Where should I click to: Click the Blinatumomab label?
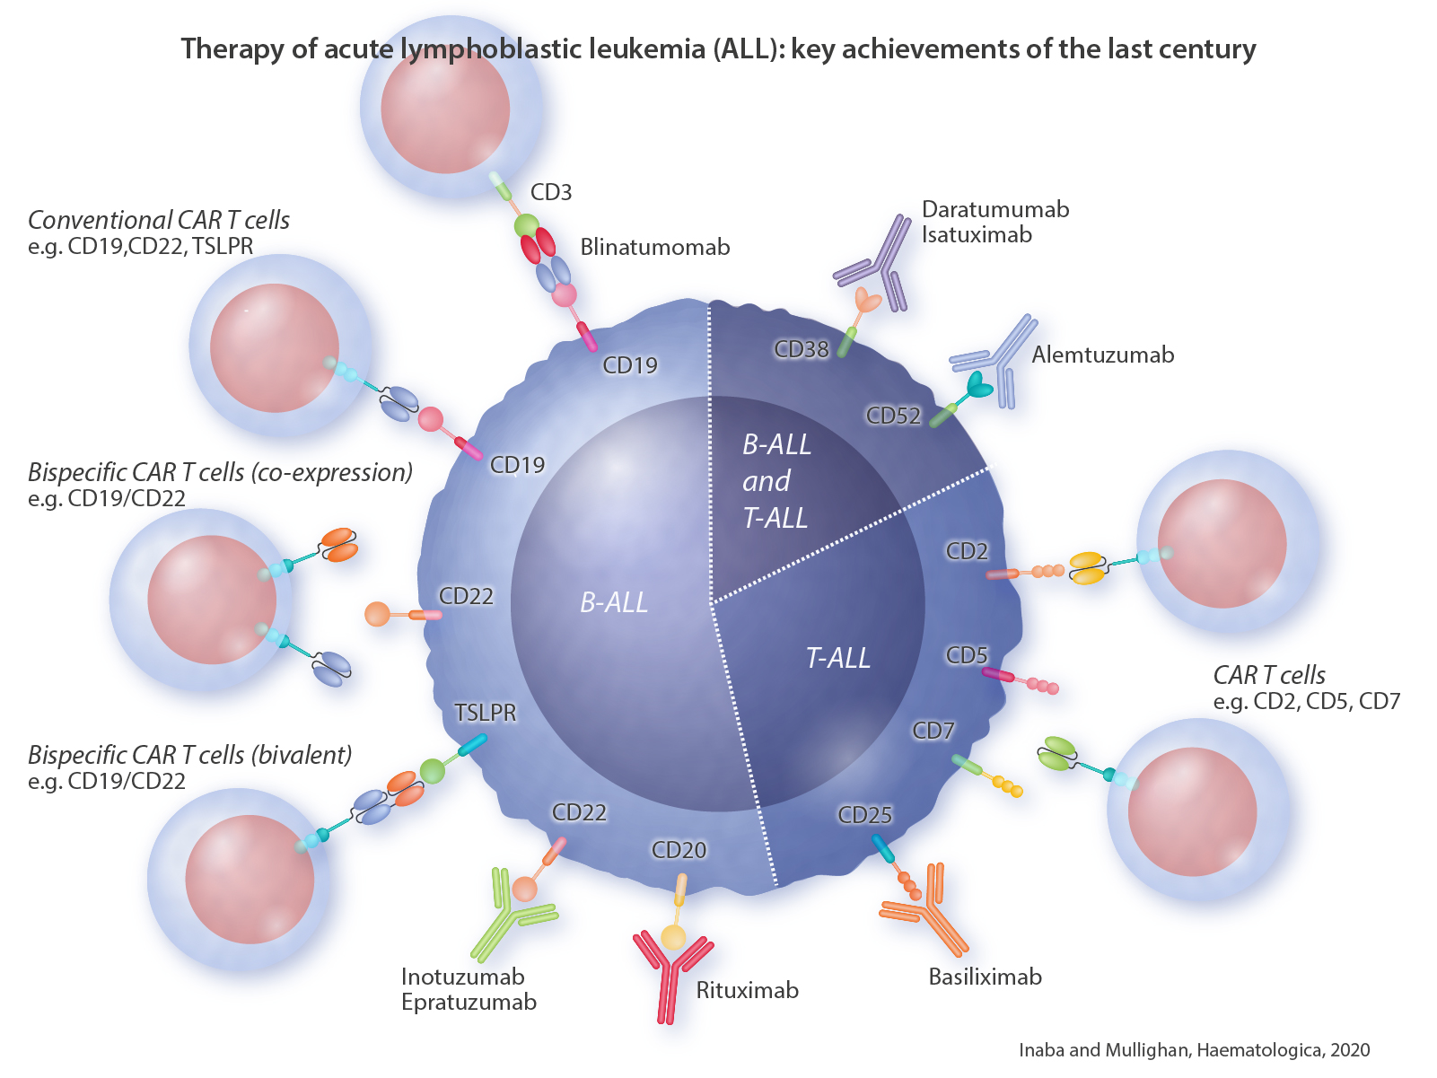click(x=654, y=247)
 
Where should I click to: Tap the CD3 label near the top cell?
click(x=550, y=192)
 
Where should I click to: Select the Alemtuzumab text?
click(x=1102, y=355)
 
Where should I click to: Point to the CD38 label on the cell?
click(x=802, y=349)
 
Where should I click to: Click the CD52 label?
click(x=893, y=416)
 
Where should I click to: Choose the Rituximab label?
click(x=747, y=990)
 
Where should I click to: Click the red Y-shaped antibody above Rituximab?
click(x=671, y=974)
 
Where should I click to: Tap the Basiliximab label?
click(x=985, y=977)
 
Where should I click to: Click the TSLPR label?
click(x=486, y=713)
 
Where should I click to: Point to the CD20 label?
click(x=679, y=850)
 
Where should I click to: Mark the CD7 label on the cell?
click(x=933, y=731)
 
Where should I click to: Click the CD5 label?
click(x=967, y=655)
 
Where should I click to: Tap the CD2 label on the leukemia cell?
click(x=967, y=551)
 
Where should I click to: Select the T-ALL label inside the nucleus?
click(x=837, y=658)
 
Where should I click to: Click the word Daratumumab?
click(x=995, y=209)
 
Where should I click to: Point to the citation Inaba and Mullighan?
click(x=1194, y=1050)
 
